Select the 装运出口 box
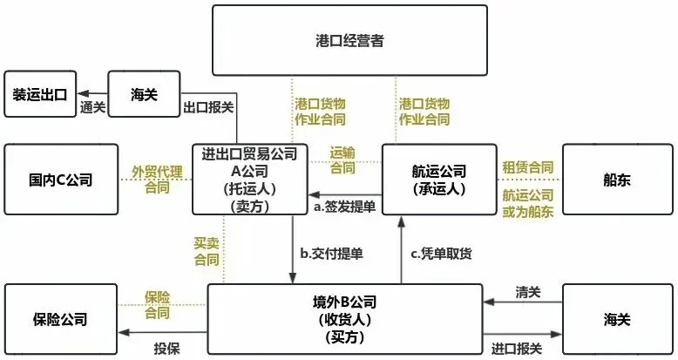pos(42,93)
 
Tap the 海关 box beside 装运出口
pos(143,93)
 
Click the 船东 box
pos(617,180)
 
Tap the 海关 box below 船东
pos(617,319)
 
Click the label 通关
pos(92,108)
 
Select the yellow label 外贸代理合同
pos(157,180)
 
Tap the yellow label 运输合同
pos(342,160)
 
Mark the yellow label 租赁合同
pos(527,166)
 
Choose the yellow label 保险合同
pos(158,304)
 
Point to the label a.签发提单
pos(346,207)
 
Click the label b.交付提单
pos(331,254)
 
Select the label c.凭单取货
pos(442,254)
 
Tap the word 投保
pos(166,348)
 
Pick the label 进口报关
pos(516,348)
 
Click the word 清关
pos(527,291)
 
